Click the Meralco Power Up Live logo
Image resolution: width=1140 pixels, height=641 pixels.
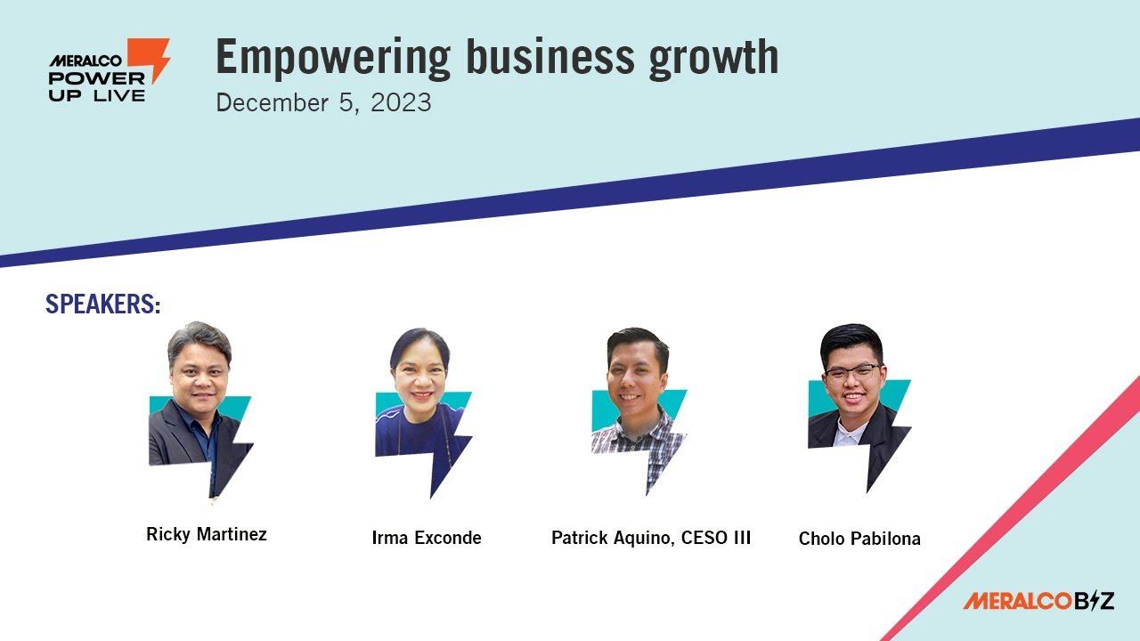[x=110, y=69]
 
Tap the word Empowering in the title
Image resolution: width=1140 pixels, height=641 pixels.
[x=333, y=59]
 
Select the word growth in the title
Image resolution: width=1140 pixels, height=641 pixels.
[x=713, y=59]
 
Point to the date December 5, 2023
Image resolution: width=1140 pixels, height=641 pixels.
[x=323, y=102]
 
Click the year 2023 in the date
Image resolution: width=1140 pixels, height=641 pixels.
[x=401, y=102]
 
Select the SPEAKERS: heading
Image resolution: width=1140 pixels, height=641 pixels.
[x=103, y=304]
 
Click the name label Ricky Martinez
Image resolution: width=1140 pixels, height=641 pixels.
[x=206, y=534]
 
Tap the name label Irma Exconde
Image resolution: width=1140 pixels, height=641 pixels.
[x=427, y=537]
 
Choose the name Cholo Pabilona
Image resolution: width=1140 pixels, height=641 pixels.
[x=859, y=539]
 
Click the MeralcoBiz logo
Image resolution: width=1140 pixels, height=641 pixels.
[x=1038, y=601]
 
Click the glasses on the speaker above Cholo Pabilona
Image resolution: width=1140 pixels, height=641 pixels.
[x=853, y=373]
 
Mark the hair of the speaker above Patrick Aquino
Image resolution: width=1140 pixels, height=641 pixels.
[x=637, y=342]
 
